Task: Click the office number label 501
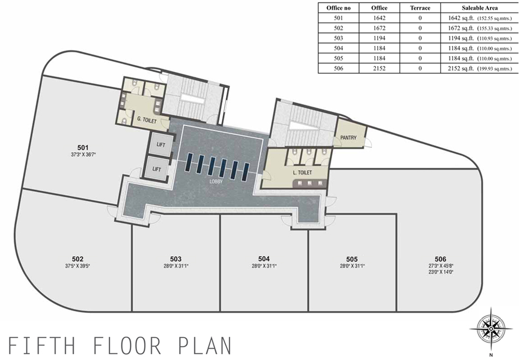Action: tap(83, 148)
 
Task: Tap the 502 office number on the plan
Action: tap(77, 259)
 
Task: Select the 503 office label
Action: tap(176, 259)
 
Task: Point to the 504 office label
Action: tap(264, 259)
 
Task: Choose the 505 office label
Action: tap(352, 259)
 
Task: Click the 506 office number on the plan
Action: tap(441, 259)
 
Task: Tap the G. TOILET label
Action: tap(147, 120)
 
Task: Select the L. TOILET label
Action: tap(303, 172)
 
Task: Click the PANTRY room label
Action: tap(349, 138)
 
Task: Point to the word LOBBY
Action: tap(216, 181)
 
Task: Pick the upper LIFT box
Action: tap(160, 144)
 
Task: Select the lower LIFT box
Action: tap(157, 169)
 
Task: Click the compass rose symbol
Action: tap(491, 328)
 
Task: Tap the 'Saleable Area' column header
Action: tap(480, 8)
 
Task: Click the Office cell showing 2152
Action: tap(379, 68)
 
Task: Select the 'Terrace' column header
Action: tap(420, 8)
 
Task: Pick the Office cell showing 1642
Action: tap(379, 18)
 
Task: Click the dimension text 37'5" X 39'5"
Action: tap(77, 265)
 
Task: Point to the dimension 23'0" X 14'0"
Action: tap(441, 272)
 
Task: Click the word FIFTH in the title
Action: tap(42, 346)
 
